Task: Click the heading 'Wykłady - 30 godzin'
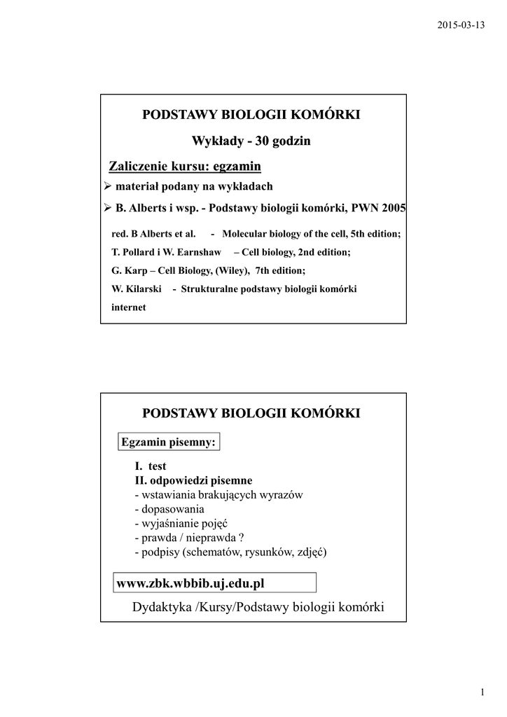tap(251, 141)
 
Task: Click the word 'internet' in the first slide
tap(129, 307)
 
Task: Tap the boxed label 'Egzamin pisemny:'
tap(168, 442)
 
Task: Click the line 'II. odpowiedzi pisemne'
tap(193, 480)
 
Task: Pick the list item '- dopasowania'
tap(169, 509)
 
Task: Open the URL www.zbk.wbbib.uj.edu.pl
tap(195, 583)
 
